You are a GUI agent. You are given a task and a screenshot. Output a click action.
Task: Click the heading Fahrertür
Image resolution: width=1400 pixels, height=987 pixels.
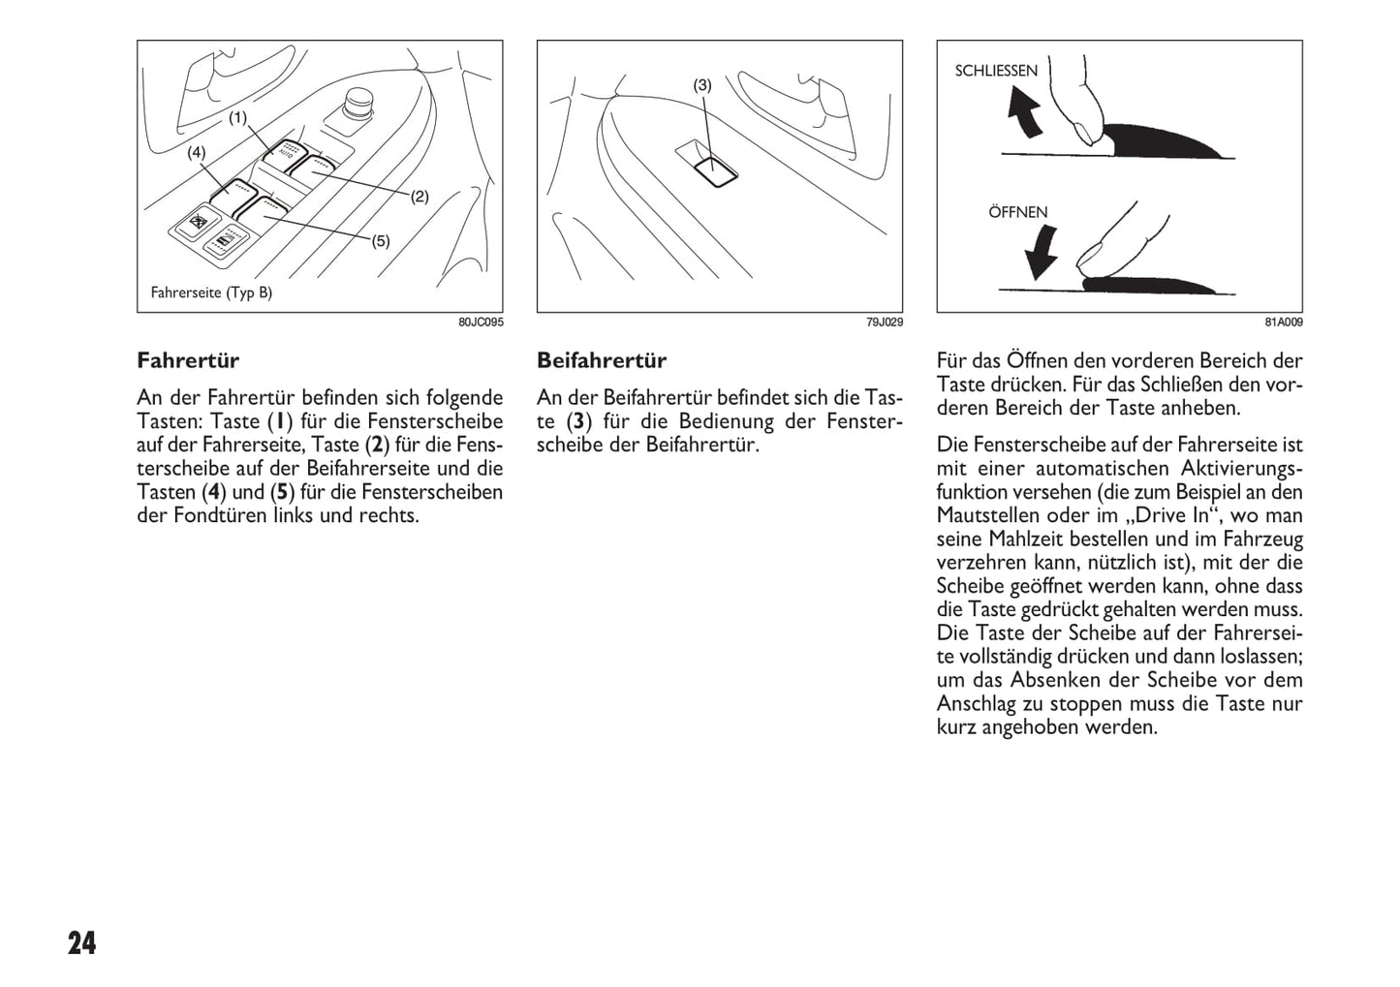[x=188, y=360]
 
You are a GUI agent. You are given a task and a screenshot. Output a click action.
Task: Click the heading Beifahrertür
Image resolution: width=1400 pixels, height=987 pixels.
[x=602, y=360]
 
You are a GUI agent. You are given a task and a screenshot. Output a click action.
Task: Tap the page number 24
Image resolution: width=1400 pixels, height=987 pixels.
[x=82, y=943]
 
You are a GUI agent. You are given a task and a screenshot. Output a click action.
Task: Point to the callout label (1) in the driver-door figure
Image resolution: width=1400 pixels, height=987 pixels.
[x=237, y=118]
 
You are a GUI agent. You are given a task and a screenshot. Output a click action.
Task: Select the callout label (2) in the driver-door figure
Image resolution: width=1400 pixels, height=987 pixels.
[x=419, y=197]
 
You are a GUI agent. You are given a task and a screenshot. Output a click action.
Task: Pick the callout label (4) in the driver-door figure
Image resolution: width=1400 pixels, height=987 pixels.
[x=197, y=152]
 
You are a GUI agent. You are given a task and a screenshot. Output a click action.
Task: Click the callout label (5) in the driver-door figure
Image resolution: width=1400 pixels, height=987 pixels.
[x=381, y=241]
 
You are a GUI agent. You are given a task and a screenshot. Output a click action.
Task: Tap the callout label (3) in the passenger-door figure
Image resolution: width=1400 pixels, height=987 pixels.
[x=702, y=85]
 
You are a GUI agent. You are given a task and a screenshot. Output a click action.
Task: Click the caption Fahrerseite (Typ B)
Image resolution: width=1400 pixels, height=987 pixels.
[x=211, y=293]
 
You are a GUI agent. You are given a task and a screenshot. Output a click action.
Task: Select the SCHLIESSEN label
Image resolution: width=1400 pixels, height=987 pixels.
[x=996, y=71]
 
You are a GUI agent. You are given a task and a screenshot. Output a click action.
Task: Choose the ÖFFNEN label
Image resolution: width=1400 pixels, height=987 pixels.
[x=1017, y=212]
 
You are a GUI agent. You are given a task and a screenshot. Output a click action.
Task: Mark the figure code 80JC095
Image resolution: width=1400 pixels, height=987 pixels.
[x=481, y=322]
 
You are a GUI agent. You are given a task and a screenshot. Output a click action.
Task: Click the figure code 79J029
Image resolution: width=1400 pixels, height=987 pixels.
[x=884, y=322]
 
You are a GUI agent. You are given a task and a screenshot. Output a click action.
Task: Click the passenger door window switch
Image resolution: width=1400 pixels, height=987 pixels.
[x=715, y=168]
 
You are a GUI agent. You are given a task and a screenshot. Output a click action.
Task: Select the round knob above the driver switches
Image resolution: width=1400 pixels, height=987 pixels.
[x=357, y=102]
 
